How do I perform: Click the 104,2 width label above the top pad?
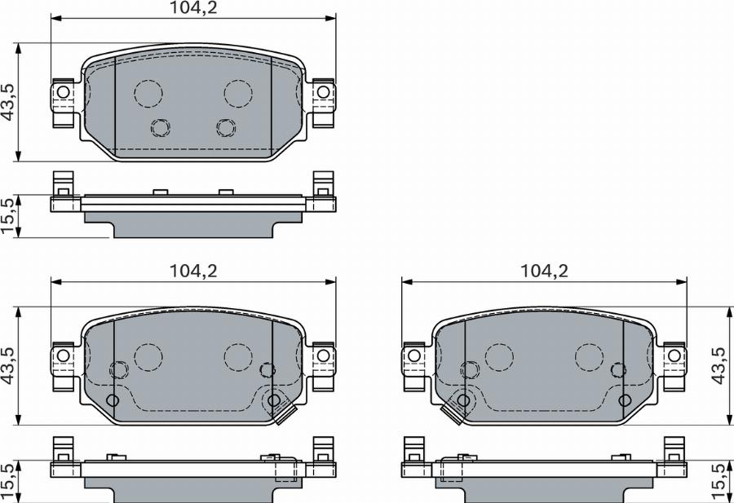click(x=192, y=7)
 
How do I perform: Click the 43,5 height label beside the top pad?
click(x=8, y=103)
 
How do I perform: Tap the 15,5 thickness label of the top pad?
click(x=8, y=216)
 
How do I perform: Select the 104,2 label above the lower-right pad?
click(x=545, y=271)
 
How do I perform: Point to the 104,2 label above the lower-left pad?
click(x=192, y=271)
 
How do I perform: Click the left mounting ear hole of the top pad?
click(x=63, y=92)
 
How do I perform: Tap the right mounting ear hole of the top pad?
click(x=323, y=92)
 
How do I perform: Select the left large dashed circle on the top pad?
click(x=148, y=94)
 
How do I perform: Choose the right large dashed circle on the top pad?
click(x=238, y=94)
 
